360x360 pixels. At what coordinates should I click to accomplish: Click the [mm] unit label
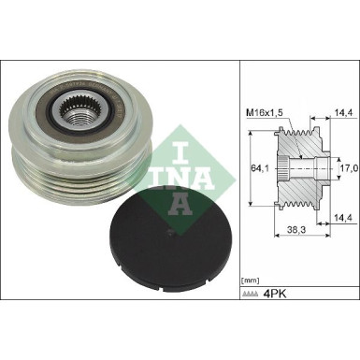click(251, 280)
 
